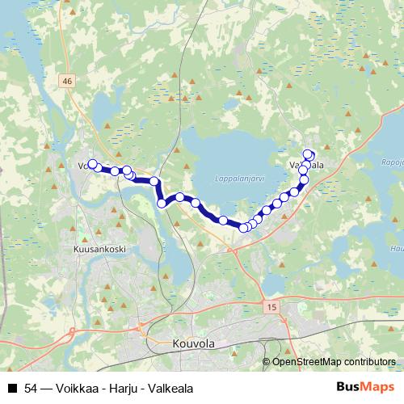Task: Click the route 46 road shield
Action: [x=66, y=80]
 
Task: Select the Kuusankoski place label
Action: [x=99, y=250]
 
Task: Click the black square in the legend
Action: [x=11, y=388]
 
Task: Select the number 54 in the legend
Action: [x=31, y=388]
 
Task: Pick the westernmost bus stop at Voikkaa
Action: [x=91, y=164]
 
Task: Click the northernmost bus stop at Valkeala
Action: [x=308, y=154]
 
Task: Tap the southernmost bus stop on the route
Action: [x=243, y=228]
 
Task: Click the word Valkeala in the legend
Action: [x=170, y=388]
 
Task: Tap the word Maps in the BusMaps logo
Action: [x=376, y=386]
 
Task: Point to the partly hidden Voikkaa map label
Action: [x=84, y=166]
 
